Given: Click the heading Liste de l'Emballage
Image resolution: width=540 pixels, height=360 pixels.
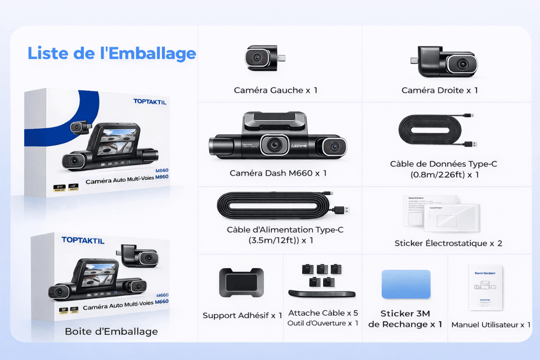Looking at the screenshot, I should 112,53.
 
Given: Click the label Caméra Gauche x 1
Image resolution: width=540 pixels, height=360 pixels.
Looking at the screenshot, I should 275,90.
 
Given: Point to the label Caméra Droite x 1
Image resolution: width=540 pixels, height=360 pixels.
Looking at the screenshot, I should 440,90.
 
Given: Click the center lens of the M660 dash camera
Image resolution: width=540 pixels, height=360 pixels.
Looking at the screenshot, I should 273,144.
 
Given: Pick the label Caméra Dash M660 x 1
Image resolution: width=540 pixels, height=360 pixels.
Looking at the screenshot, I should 278,173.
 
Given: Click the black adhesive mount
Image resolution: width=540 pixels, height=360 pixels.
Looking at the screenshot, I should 241,282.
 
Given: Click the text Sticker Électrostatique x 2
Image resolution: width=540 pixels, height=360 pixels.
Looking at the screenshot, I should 448,243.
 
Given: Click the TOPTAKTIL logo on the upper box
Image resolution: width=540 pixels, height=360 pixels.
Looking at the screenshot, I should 150,102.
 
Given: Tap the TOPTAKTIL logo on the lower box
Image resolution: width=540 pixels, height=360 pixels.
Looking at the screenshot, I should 83,240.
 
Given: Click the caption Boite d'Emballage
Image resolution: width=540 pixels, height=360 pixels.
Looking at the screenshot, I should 111,332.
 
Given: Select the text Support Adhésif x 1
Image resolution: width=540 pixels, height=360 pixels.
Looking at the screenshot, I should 243,316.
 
